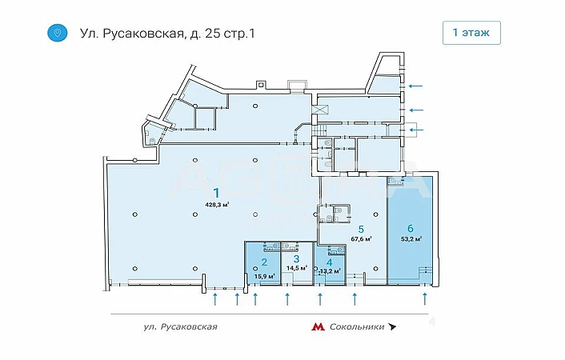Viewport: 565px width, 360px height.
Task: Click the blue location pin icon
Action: point(58,33)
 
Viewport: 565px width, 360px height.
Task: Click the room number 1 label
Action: point(216,193)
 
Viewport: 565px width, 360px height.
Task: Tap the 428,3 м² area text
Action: point(218,205)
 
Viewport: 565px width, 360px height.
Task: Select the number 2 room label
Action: point(264,262)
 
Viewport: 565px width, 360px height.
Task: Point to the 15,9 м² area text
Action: point(265,276)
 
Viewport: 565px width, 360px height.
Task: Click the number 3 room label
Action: point(296,258)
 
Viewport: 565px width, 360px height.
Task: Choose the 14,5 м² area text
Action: point(297,268)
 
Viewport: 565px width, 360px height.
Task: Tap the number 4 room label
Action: point(330,263)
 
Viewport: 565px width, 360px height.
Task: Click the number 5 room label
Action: point(361,229)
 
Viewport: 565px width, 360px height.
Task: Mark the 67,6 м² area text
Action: point(362,238)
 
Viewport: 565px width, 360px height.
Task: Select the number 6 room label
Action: point(411,228)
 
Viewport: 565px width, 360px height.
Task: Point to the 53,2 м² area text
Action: point(411,238)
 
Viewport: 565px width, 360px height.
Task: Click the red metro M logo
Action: point(318,327)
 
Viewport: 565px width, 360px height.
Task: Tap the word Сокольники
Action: point(357,327)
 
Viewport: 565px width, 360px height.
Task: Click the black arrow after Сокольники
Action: point(391,327)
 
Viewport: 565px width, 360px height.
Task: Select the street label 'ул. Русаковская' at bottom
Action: point(181,327)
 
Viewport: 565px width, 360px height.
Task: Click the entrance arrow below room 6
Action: point(425,299)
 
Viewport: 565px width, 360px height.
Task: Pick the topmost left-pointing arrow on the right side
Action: point(415,86)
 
